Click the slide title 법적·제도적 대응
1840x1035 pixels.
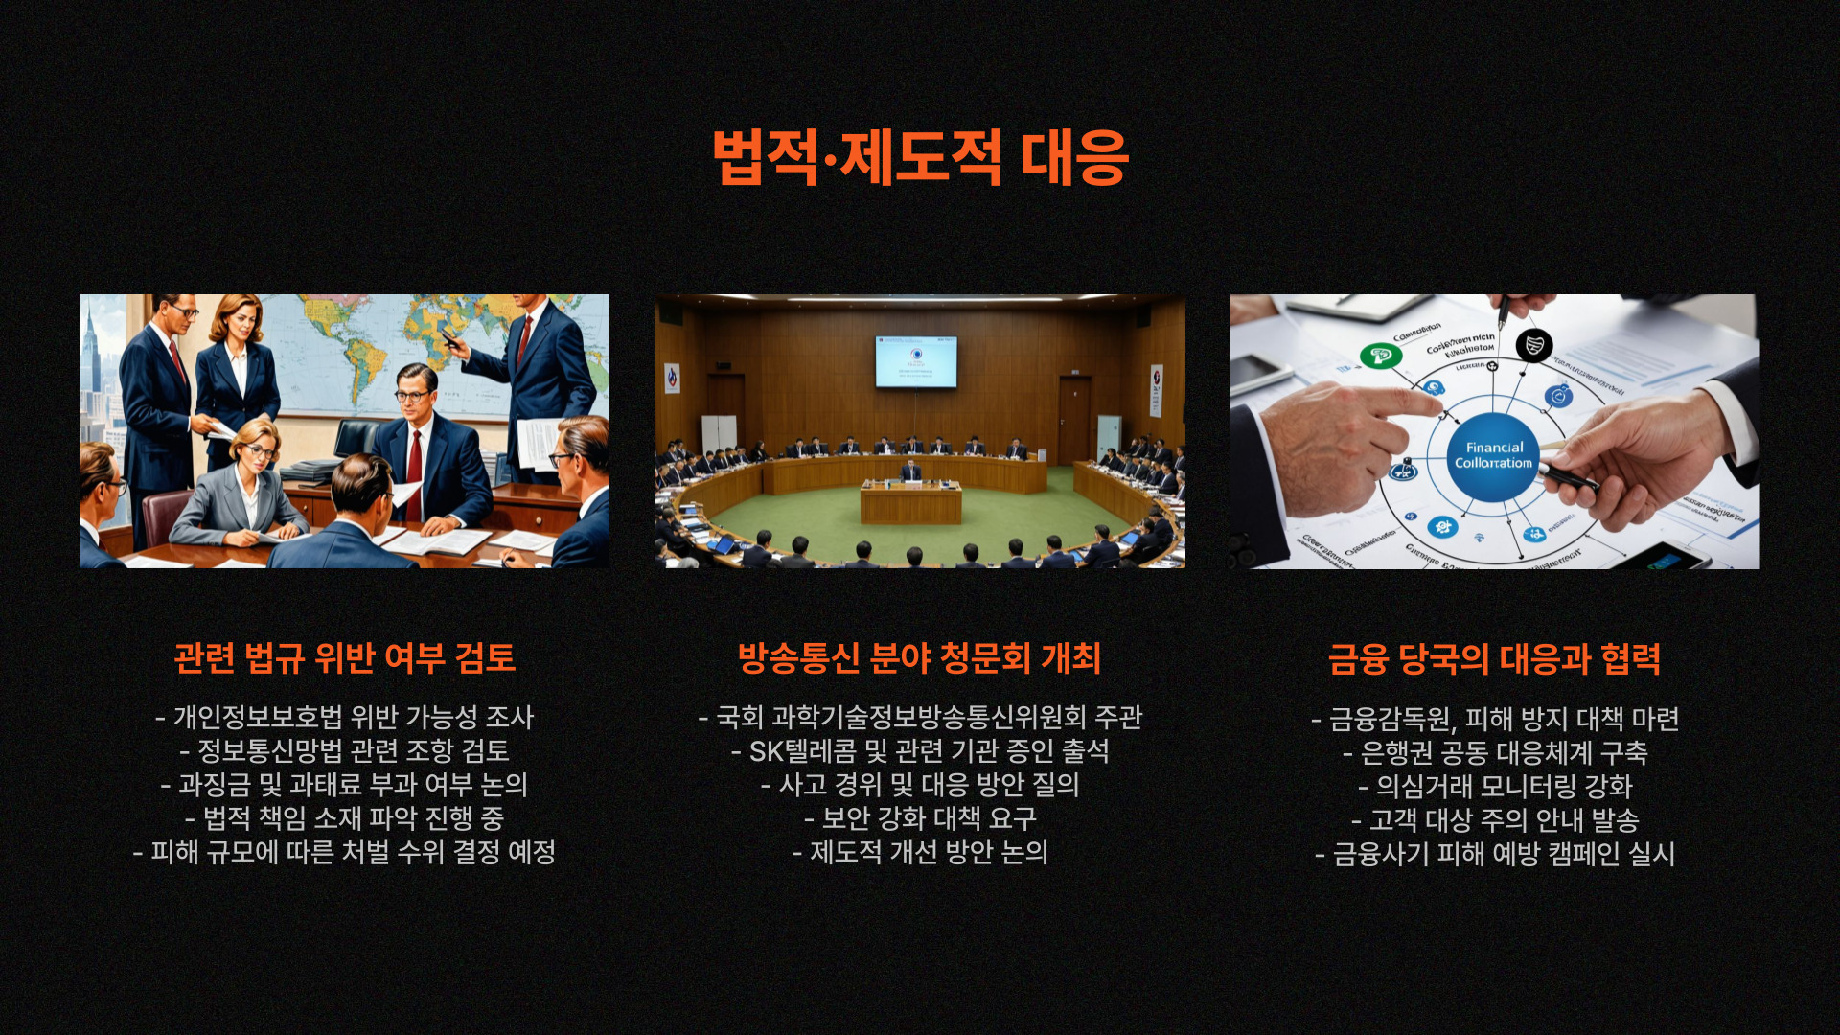(920, 157)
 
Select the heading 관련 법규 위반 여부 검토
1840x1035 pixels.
(345, 658)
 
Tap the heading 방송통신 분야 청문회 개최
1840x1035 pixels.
(920, 658)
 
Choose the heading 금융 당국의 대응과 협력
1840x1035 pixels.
(1494, 659)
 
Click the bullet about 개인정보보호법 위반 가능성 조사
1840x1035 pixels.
(345, 718)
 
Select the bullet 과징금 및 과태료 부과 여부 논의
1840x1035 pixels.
(345, 785)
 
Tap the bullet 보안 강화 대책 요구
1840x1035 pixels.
(920, 818)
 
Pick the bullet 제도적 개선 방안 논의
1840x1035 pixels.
(920, 852)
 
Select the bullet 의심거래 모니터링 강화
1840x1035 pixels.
(1495, 787)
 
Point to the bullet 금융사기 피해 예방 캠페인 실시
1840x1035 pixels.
(1495, 854)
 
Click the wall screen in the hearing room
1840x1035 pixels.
(915, 361)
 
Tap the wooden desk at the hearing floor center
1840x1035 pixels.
(910, 502)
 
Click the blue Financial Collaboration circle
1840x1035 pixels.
(1493, 455)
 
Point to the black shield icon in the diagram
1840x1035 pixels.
(1533, 345)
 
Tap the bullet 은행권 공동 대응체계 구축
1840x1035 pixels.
(1495, 753)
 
